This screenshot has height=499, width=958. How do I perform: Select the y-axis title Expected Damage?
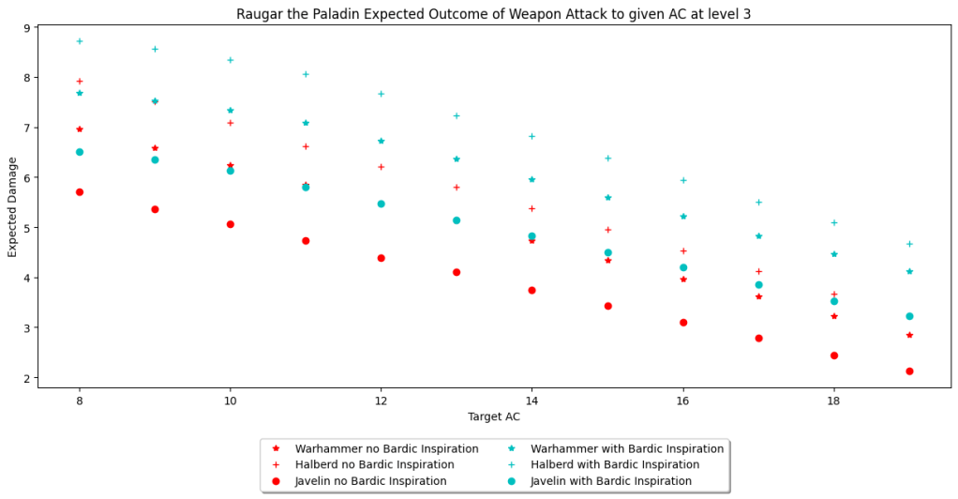[x=13, y=205]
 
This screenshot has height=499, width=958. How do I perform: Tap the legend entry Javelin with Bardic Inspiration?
[x=610, y=480]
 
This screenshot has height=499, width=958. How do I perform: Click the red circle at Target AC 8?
[x=80, y=192]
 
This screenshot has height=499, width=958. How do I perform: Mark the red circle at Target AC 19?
[x=909, y=371]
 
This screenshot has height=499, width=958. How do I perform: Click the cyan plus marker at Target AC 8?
[x=80, y=41]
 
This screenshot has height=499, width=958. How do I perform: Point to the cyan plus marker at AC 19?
[x=909, y=244]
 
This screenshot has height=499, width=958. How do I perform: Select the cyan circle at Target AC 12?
[x=381, y=204]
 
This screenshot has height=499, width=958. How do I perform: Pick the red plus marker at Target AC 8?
[x=80, y=82]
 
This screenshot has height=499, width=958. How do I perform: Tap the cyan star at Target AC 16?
[x=683, y=217]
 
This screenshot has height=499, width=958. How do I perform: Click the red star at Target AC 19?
[x=909, y=335]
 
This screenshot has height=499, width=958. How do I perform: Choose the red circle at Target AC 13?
[x=457, y=272]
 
